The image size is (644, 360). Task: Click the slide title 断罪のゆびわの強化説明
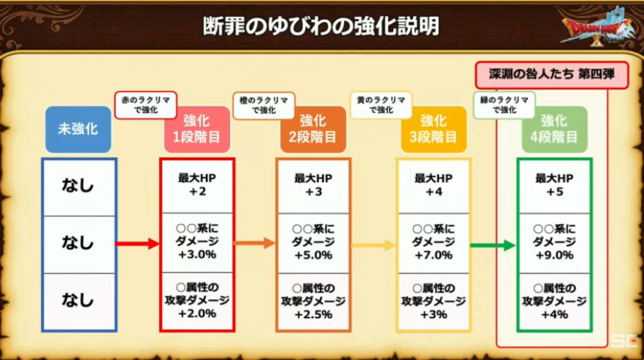[321, 26]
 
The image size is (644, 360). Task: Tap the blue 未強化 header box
[78, 129]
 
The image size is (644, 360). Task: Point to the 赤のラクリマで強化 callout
[146, 105]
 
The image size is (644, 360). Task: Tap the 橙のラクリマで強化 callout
[264, 105]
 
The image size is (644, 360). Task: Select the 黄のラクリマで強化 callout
[381, 105]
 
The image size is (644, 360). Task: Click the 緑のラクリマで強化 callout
[504, 105]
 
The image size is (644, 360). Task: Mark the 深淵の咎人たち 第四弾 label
[551, 75]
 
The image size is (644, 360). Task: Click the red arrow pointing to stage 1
[137, 244]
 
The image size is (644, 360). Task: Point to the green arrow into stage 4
[493, 245]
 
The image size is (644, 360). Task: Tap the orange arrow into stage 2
[254, 243]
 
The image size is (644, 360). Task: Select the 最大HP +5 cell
[554, 186]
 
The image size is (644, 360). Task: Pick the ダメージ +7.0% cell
[433, 242]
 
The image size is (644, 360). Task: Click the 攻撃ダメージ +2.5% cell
[313, 302]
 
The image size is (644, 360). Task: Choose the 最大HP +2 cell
[197, 186]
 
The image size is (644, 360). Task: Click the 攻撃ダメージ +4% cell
[554, 302]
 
